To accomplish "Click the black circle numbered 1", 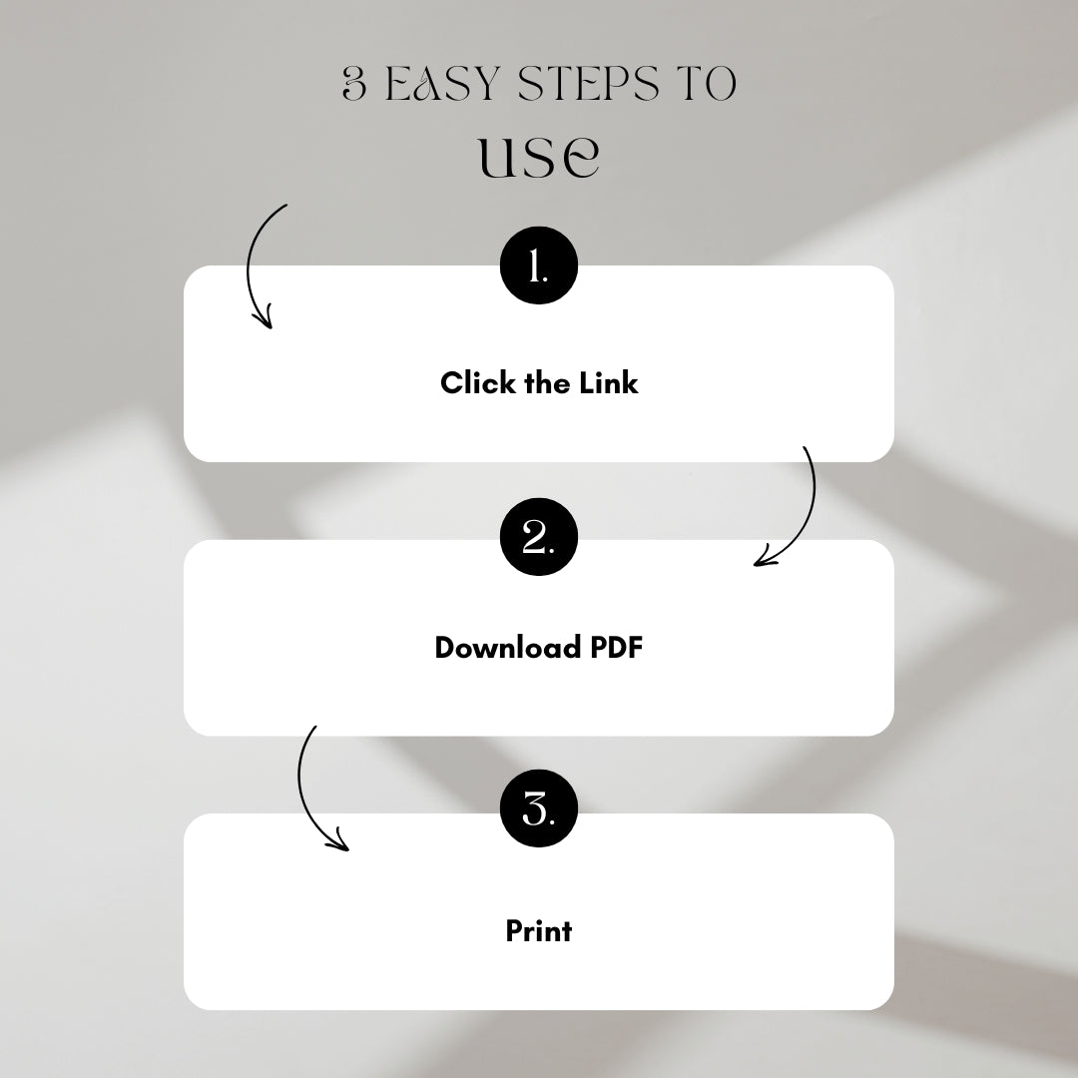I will pos(538,267).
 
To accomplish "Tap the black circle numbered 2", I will pos(538,540).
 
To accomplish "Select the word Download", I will pos(507,648).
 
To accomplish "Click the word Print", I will pos(538,931).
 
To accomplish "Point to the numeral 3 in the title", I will pos(354,86).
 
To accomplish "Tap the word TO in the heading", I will pos(706,86).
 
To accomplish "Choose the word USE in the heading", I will pos(539,157).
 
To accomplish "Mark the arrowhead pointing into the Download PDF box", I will pos(764,560).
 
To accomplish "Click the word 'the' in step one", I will pos(547,382).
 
